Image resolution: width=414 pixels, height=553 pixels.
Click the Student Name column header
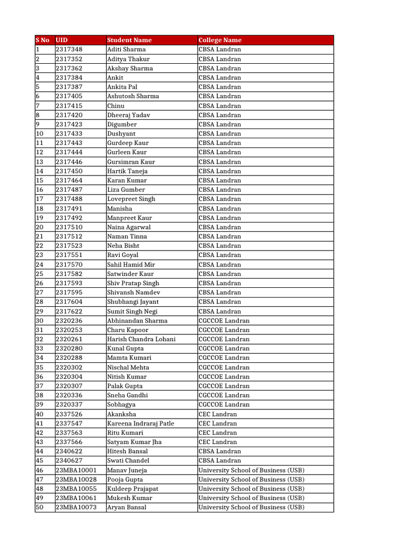(x=129, y=40)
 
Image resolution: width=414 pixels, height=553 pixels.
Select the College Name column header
(x=220, y=40)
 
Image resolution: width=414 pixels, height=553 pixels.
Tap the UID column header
(x=62, y=40)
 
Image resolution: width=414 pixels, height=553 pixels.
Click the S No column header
(x=43, y=40)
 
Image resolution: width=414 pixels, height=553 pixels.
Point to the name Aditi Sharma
(x=126, y=50)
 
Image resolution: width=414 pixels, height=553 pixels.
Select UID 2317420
(x=69, y=115)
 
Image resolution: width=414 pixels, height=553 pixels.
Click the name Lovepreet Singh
(x=131, y=199)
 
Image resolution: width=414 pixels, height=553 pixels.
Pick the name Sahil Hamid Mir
(x=131, y=265)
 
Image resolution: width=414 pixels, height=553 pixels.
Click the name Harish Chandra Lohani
(x=141, y=339)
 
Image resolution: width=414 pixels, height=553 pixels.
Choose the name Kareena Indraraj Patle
(x=141, y=423)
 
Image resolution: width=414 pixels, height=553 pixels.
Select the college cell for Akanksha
(x=218, y=414)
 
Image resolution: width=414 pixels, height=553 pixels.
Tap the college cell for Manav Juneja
(x=251, y=470)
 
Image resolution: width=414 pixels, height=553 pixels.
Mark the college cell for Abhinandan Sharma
(x=224, y=321)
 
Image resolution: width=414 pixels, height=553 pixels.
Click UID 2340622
(x=69, y=451)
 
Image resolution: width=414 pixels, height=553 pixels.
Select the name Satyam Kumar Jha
(x=134, y=442)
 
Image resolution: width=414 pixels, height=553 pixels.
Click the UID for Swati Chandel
(x=69, y=461)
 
